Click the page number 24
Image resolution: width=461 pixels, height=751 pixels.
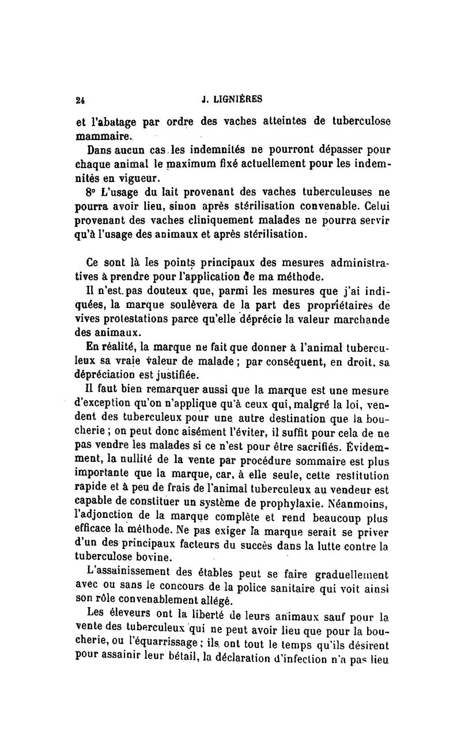click(81, 99)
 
